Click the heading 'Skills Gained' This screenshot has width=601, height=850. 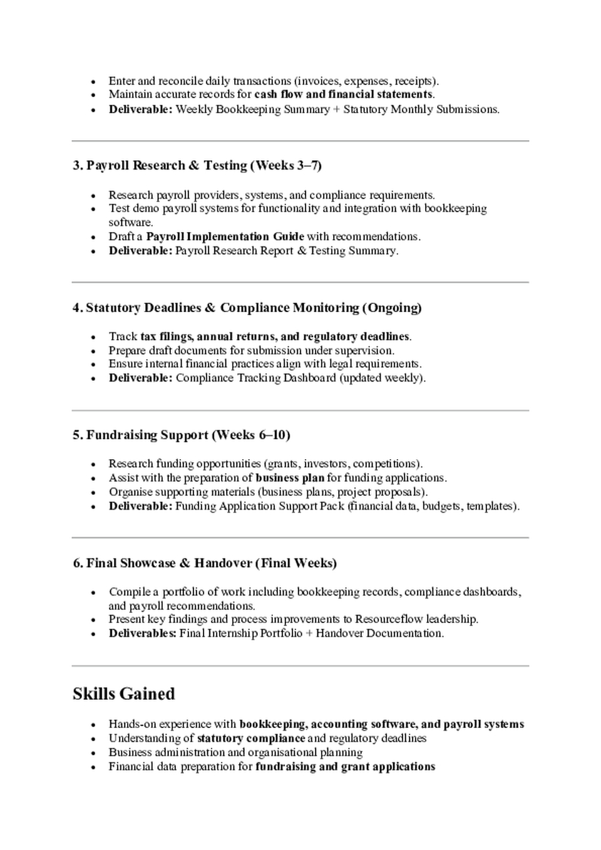pyautogui.click(x=123, y=694)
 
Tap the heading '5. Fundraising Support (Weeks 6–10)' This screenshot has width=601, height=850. pyautogui.click(x=181, y=435)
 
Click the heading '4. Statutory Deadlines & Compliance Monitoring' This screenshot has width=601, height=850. pyautogui.click(x=247, y=308)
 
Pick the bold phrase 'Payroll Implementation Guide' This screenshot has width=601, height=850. pyautogui.click(x=225, y=236)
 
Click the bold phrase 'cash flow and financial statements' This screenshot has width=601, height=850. pyautogui.click(x=343, y=94)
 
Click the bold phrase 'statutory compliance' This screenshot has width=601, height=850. pyautogui.click(x=251, y=738)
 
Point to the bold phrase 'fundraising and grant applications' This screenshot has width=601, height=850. pyautogui.click(x=345, y=766)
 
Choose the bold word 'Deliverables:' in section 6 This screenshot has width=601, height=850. pyautogui.click(x=142, y=633)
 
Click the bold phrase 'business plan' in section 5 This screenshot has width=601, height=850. pyautogui.click(x=290, y=478)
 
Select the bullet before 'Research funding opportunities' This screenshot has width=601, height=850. pyautogui.click(x=93, y=464)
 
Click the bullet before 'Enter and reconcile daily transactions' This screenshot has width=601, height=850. pyautogui.click(x=93, y=81)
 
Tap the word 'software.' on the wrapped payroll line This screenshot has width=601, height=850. pyautogui.click(x=130, y=222)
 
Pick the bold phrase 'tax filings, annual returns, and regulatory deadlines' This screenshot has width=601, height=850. pyautogui.click(x=275, y=336)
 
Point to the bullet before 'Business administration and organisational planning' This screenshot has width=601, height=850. pyautogui.click(x=93, y=752)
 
